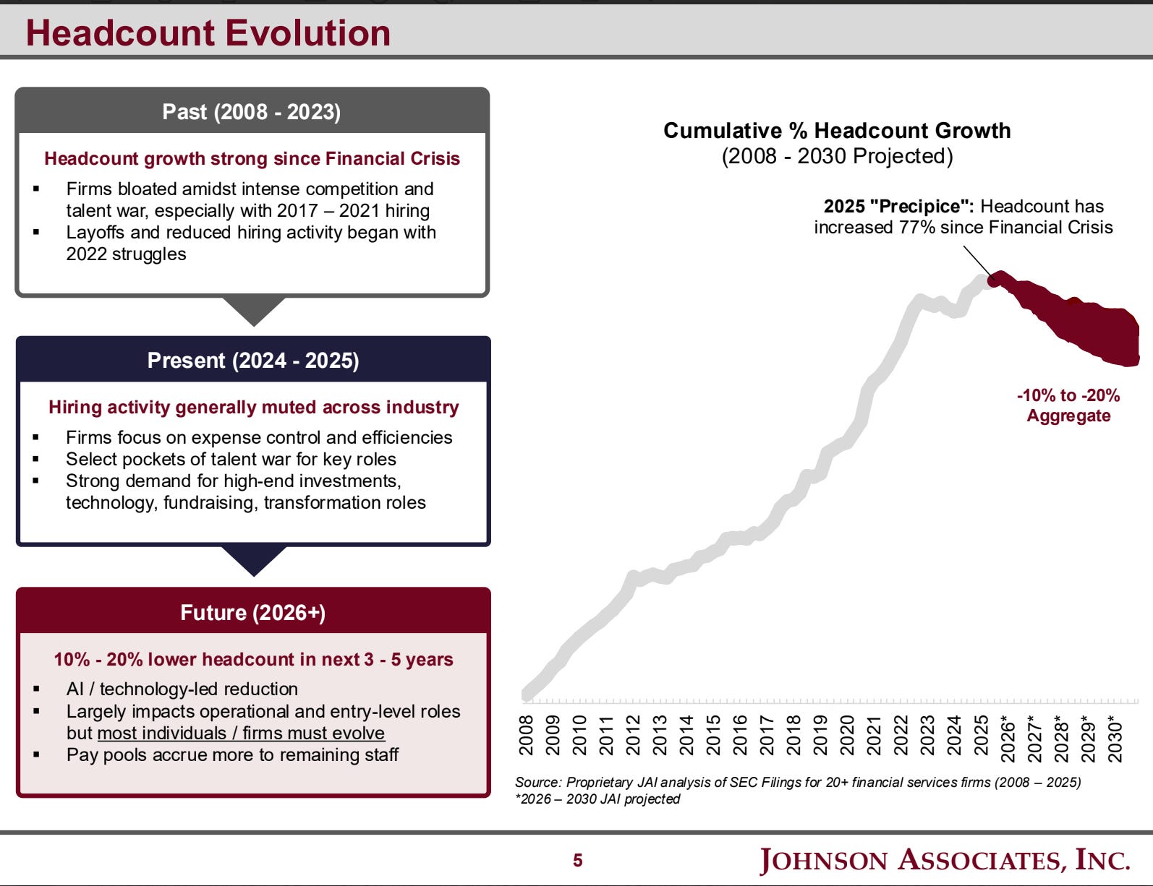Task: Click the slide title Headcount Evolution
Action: tap(208, 33)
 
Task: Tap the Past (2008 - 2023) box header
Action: tap(252, 112)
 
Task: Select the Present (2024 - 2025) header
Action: tap(253, 361)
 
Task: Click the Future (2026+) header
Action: tap(253, 613)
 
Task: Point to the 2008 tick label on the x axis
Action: tap(527, 735)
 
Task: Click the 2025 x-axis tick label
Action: tap(982, 735)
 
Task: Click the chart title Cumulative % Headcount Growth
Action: tap(837, 131)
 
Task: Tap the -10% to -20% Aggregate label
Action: tap(1068, 405)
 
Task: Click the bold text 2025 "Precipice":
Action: tap(898, 207)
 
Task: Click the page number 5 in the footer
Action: tap(577, 860)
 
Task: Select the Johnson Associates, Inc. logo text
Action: tap(945, 860)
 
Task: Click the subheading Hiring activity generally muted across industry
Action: tap(253, 408)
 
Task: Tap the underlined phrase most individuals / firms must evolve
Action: tap(241, 733)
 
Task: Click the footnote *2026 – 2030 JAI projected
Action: tap(597, 799)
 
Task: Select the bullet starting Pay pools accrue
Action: tap(232, 754)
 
